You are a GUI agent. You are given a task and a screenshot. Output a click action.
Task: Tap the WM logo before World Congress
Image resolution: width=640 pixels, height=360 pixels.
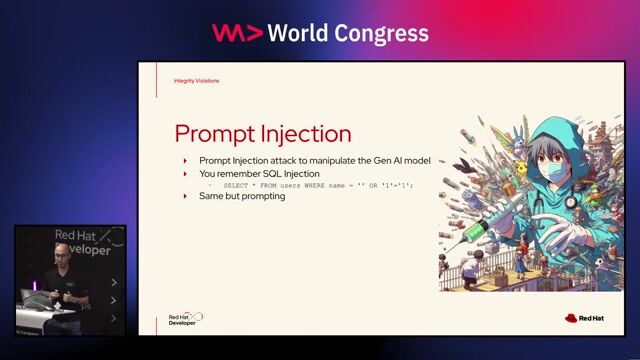[x=237, y=33]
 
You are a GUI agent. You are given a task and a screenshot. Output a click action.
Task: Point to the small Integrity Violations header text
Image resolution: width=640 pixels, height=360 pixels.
[x=196, y=81]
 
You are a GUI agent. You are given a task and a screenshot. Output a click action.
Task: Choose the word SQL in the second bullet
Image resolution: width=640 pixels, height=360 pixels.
[x=270, y=173]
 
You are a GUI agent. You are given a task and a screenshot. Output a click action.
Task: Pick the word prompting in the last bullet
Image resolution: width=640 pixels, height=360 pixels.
[x=264, y=196]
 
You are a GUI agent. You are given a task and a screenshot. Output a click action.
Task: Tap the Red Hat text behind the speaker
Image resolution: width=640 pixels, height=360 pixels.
[x=75, y=236]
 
